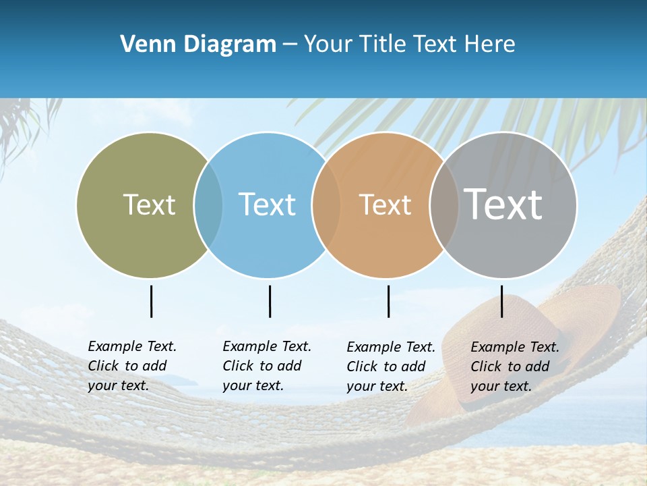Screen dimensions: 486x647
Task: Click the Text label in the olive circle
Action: [x=149, y=205]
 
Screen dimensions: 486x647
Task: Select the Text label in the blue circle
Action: [x=267, y=205]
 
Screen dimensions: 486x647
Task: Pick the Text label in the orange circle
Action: [x=385, y=205]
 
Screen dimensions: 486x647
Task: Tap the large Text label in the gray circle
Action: [x=503, y=205]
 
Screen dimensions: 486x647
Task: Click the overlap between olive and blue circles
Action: [x=208, y=205]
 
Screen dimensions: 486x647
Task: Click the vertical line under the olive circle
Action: [x=151, y=301]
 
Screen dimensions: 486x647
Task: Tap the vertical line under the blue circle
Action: [x=270, y=301]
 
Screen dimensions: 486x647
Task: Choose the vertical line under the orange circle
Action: [x=388, y=301]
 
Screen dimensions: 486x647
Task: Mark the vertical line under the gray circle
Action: [x=502, y=301]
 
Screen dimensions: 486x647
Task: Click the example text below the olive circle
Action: [x=131, y=366]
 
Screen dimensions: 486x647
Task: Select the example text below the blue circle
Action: [x=266, y=366]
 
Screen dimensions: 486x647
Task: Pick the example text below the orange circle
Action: [x=390, y=367]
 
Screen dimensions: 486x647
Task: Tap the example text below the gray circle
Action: [x=514, y=367]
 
